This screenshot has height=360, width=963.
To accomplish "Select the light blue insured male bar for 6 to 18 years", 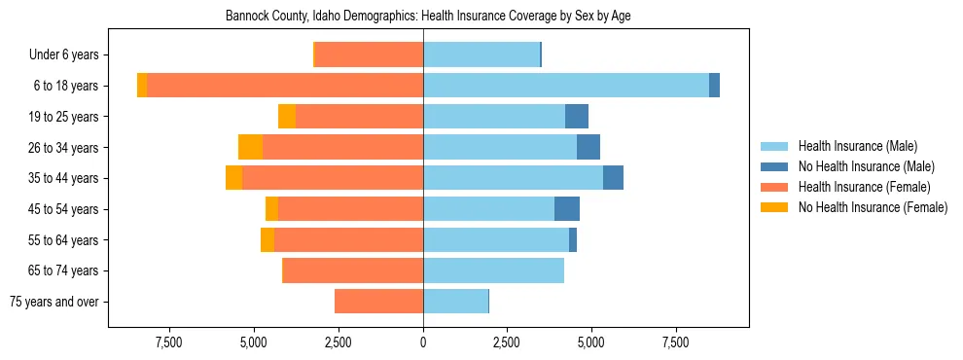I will click(565, 86).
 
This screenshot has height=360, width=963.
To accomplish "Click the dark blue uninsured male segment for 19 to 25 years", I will click(577, 117).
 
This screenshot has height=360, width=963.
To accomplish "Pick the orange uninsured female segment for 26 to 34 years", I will click(250, 147).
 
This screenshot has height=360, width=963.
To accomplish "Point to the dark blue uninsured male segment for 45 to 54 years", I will click(567, 209).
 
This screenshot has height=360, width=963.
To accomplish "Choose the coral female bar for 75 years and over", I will click(378, 302).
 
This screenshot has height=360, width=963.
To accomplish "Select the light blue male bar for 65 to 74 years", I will click(493, 270).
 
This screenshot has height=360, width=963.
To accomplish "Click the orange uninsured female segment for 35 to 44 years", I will click(233, 178).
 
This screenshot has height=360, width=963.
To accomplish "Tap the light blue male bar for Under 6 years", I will click(481, 54).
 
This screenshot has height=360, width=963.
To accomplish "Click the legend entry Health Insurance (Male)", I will click(857, 147).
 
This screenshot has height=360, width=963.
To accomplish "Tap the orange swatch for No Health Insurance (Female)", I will click(775, 207).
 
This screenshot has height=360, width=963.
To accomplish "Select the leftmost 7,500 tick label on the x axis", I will click(169, 342).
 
